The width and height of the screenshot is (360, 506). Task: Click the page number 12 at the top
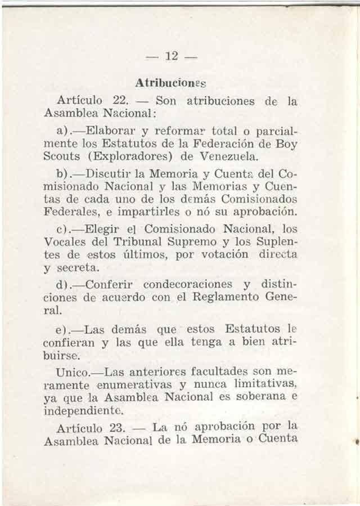tap(172, 56)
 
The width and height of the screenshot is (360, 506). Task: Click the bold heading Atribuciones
tap(172, 82)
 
